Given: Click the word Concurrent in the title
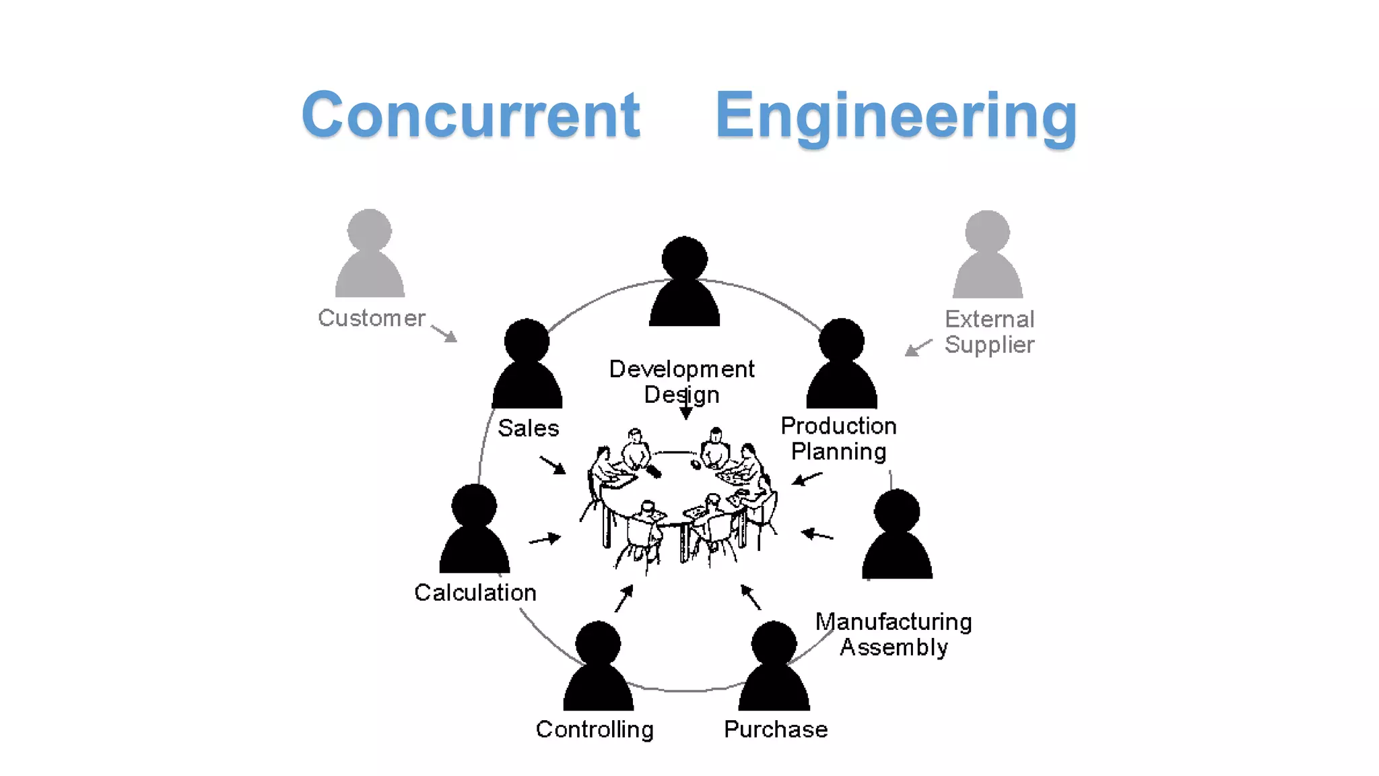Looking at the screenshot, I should point(471,115).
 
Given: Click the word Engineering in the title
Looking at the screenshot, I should point(896,117).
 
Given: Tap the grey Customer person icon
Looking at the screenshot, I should point(370,255).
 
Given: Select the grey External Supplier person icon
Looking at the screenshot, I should point(987,257).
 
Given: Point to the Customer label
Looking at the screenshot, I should point(371,318).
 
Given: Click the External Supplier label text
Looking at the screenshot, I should point(988,331).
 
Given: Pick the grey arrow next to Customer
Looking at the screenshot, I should point(444,333).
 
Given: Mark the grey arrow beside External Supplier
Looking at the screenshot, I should point(918,348).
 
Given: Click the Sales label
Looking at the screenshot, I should point(528,428).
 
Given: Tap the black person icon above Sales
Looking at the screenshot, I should point(527,366).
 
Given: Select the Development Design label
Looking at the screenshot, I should point(681,381).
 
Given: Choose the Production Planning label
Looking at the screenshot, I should point(838,439).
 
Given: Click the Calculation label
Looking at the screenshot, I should point(475,593).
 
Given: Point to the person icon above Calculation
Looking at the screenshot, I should point(474,531).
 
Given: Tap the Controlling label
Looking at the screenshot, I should point(595,730).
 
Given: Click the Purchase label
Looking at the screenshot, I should point(776,730).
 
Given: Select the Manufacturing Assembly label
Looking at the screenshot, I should point(894,634).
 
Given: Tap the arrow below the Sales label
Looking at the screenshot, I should point(553,465).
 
